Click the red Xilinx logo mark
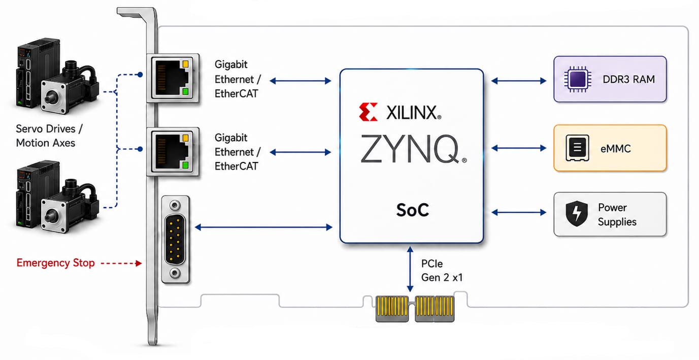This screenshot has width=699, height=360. click(x=368, y=112)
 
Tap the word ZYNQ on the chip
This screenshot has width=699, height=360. click(x=410, y=149)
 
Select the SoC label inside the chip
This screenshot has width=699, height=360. click(x=413, y=210)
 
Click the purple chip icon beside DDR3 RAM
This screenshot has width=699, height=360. click(x=577, y=79)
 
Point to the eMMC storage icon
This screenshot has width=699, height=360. click(x=577, y=148)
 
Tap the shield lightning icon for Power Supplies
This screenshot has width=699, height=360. click(x=577, y=213)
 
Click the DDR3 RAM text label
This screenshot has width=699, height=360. click(x=629, y=79)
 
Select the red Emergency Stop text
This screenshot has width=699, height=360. click(x=55, y=263)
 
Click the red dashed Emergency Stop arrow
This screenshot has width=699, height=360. click(x=121, y=264)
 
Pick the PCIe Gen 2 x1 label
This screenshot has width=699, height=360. click(x=442, y=271)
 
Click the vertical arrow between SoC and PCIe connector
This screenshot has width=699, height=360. click(x=410, y=269)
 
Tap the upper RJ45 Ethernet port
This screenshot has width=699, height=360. click(x=173, y=78)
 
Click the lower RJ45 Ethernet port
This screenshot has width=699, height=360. click(x=173, y=151)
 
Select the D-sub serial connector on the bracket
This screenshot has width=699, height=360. click(x=175, y=240)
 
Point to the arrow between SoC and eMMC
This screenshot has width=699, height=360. click(x=519, y=148)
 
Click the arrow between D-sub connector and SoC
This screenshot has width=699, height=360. click(x=263, y=227)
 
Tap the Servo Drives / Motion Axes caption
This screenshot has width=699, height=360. click(x=49, y=136)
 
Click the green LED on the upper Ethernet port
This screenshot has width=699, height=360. click(x=185, y=91)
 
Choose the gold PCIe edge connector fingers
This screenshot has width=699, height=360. click(x=415, y=309)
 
